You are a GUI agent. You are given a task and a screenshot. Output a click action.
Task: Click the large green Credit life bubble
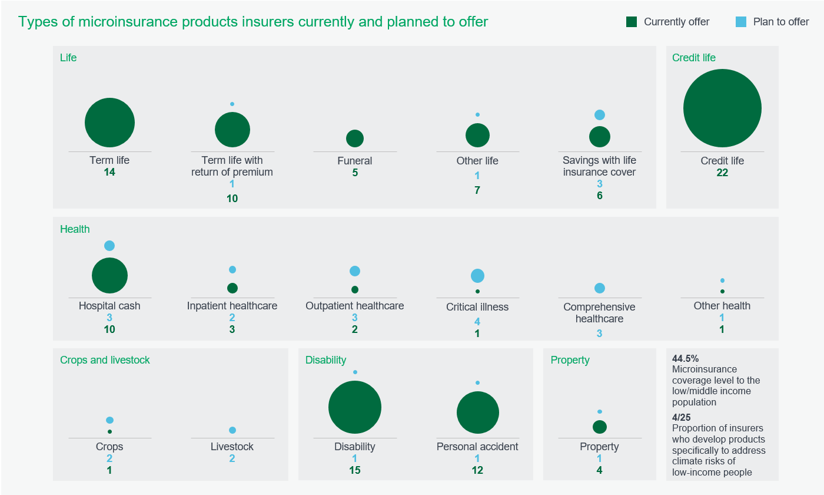722,108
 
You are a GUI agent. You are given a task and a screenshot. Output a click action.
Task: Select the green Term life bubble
109,123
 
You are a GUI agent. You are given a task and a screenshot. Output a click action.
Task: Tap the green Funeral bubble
355,138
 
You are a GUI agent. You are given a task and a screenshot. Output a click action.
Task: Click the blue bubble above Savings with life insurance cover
600,115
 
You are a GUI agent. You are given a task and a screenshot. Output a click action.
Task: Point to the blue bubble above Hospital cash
109,246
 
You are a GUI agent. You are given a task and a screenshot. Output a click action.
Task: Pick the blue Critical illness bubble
477,276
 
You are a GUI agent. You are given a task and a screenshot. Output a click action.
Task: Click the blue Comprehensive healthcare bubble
600,288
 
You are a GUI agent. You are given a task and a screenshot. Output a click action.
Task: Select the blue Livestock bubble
232,430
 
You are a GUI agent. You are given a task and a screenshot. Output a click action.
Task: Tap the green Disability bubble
355,407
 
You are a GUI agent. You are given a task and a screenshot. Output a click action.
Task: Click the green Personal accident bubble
477,413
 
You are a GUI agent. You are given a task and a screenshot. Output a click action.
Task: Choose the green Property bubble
600,427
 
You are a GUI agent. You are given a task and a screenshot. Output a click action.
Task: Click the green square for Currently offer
632,22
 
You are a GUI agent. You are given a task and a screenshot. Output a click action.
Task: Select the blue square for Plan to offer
741,22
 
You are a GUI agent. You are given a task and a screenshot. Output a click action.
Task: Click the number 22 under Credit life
722,173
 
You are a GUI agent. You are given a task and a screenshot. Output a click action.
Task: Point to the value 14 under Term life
109,173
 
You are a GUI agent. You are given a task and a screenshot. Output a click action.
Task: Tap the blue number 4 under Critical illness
477,322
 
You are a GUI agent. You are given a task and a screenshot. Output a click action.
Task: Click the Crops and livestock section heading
105,360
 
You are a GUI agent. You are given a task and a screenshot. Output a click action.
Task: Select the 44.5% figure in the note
685,358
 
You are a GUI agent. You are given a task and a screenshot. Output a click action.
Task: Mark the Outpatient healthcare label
355,306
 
